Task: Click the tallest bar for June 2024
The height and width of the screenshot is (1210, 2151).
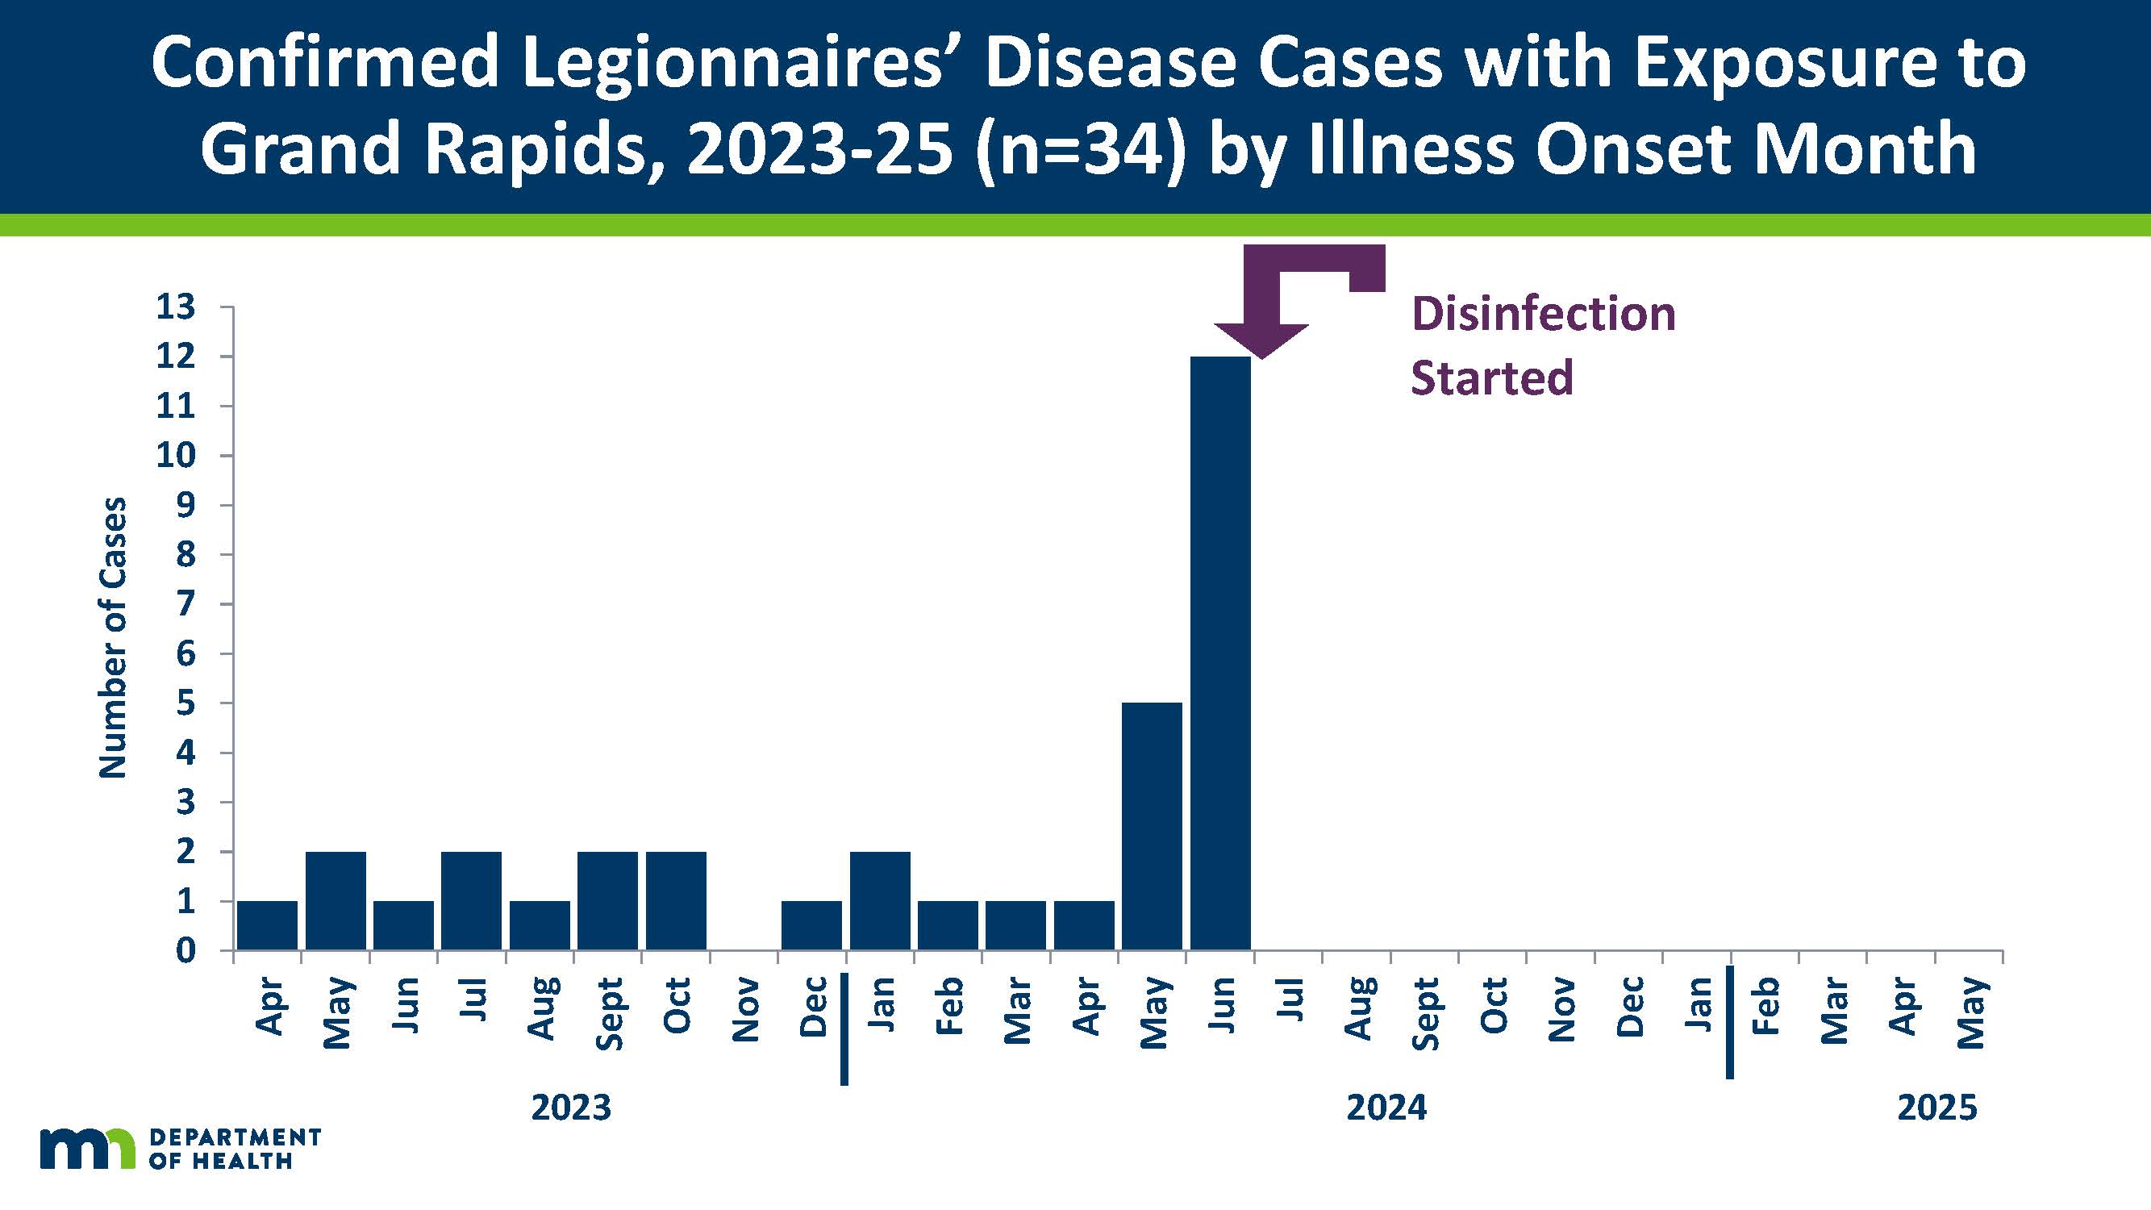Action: [1220, 651]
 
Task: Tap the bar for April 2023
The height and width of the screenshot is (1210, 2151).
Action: [267, 924]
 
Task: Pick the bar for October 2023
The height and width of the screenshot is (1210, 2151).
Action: [676, 900]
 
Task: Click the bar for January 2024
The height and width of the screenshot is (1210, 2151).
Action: [880, 900]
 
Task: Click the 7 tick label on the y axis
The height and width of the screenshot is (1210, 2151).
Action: [186, 603]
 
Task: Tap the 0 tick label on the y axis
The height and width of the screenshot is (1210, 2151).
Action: [186, 950]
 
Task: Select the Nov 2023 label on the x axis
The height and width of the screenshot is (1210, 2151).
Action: [745, 1011]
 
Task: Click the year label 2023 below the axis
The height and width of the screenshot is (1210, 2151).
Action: [571, 1108]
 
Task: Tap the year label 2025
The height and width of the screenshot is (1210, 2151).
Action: [1937, 1108]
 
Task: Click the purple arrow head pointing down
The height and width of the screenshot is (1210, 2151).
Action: [1261, 338]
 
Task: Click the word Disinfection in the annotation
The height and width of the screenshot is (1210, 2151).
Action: [1543, 314]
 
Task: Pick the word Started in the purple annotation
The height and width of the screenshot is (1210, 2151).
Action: [1491, 378]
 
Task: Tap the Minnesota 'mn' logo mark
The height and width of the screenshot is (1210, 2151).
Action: [87, 1148]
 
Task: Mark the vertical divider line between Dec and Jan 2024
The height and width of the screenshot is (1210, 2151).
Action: [844, 1028]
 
